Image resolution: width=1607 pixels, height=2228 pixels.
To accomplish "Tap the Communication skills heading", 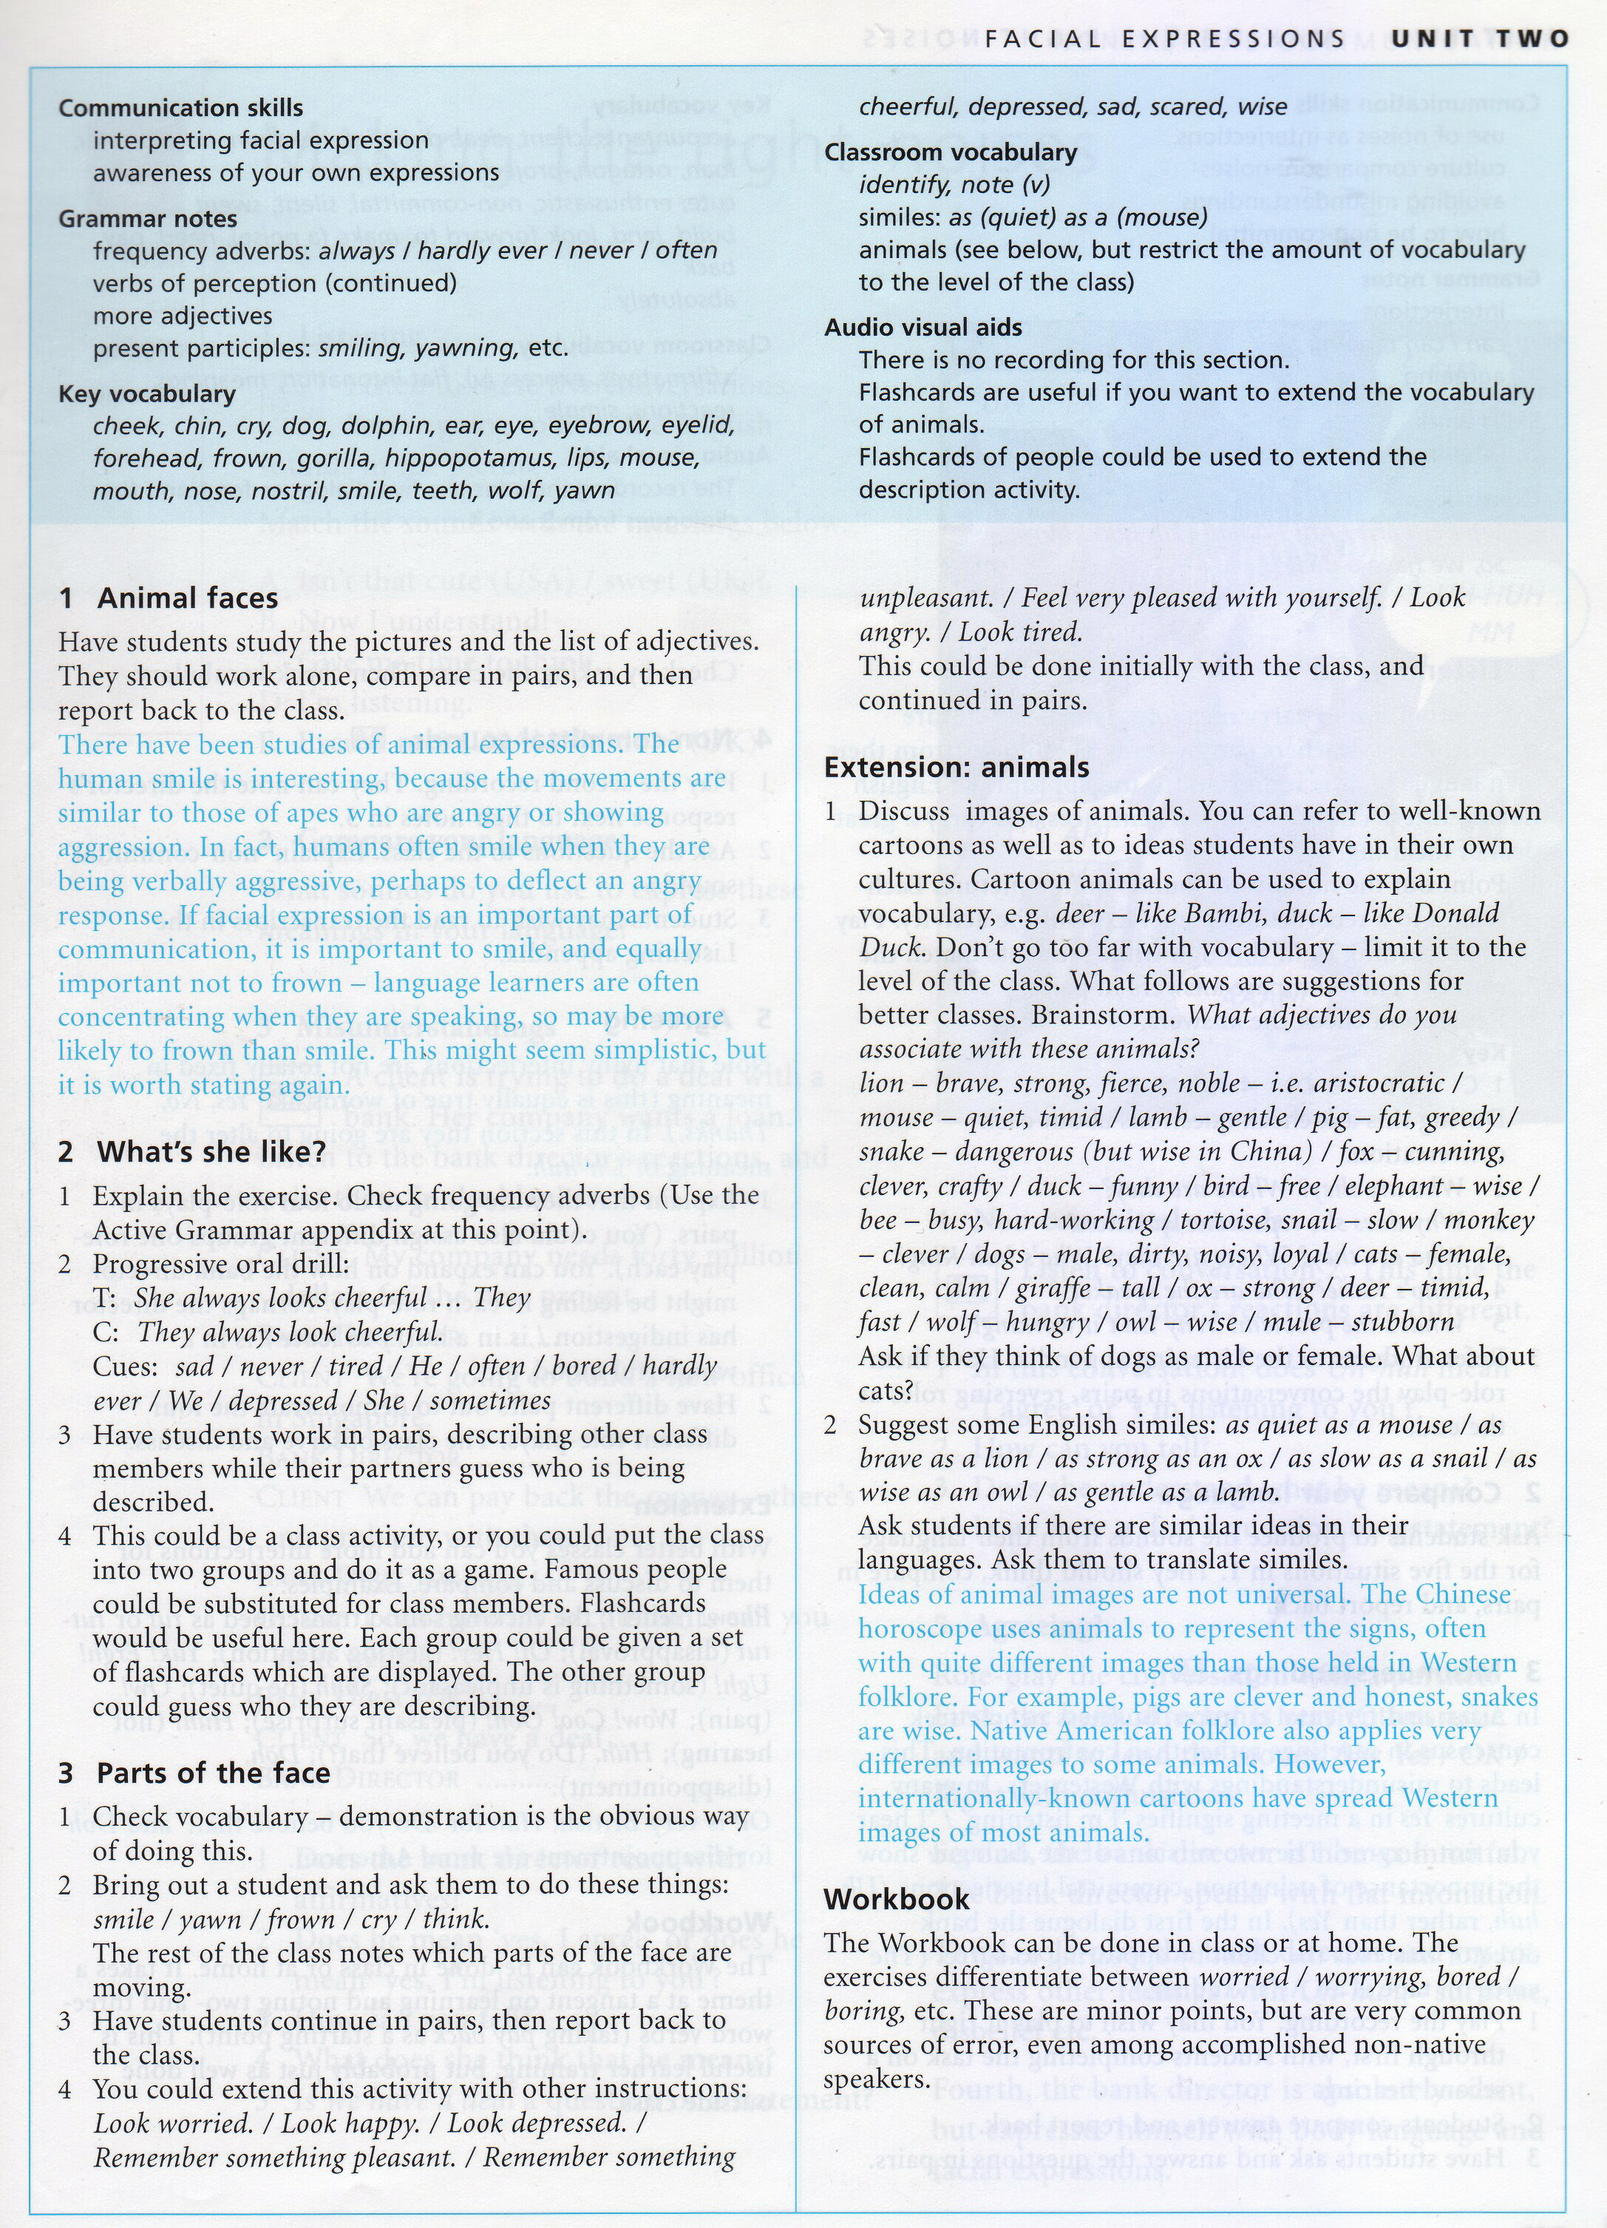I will click(181, 108).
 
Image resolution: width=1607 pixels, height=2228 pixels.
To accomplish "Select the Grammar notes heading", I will click(147, 218).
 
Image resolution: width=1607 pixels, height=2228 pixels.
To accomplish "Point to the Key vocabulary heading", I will click(147, 394).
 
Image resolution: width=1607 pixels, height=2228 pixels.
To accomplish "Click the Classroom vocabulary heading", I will click(951, 152).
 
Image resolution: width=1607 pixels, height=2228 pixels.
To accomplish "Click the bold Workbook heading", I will click(897, 1898).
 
